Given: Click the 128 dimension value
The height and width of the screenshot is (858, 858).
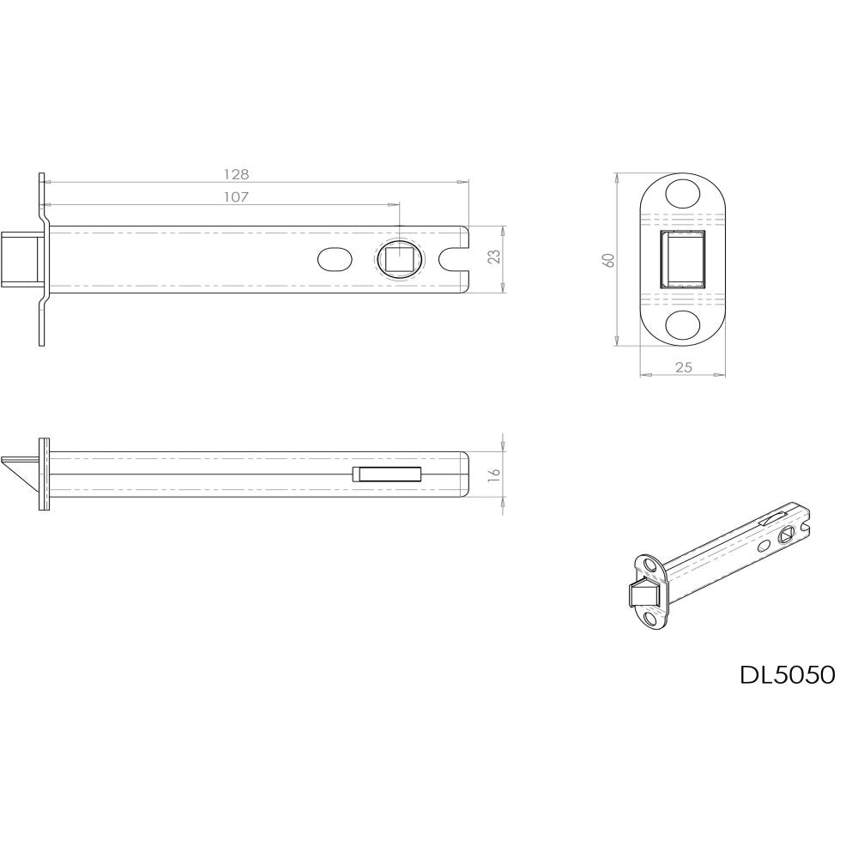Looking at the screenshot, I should [x=236, y=174].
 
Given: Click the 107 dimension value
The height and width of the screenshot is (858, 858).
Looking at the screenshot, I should [x=236, y=197].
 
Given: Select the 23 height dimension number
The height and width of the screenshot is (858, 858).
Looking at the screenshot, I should [x=494, y=257].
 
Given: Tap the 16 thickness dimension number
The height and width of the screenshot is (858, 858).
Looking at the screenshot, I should [x=494, y=474].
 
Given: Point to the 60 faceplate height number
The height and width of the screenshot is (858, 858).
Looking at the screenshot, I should [x=608, y=260].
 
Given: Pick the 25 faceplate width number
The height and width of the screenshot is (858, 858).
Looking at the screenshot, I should [x=683, y=367].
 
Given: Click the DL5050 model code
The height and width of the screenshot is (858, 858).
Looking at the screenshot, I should [x=787, y=675].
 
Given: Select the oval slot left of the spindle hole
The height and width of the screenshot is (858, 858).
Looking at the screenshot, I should [x=334, y=258].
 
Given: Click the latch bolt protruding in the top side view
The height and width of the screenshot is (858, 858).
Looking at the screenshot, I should [x=22, y=258].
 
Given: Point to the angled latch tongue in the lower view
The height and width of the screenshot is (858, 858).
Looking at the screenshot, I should [x=22, y=473].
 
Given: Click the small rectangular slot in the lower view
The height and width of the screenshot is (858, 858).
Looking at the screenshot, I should [x=386, y=474].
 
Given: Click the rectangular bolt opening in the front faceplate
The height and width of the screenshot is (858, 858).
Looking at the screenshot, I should [x=683, y=259].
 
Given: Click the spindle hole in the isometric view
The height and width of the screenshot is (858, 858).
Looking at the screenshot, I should [x=787, y=534].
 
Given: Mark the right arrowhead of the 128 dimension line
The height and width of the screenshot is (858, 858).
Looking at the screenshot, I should [x=465, y=182].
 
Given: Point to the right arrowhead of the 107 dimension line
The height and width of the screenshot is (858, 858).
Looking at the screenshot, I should [x=395, y=205].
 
